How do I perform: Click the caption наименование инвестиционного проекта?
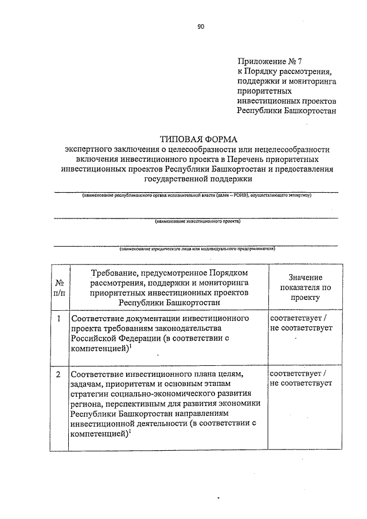(197, 221)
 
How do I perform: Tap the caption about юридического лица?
(197, 249)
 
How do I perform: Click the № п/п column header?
(59, 287)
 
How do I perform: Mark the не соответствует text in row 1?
(301, 327)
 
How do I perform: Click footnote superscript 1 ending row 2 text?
(130, 432)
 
